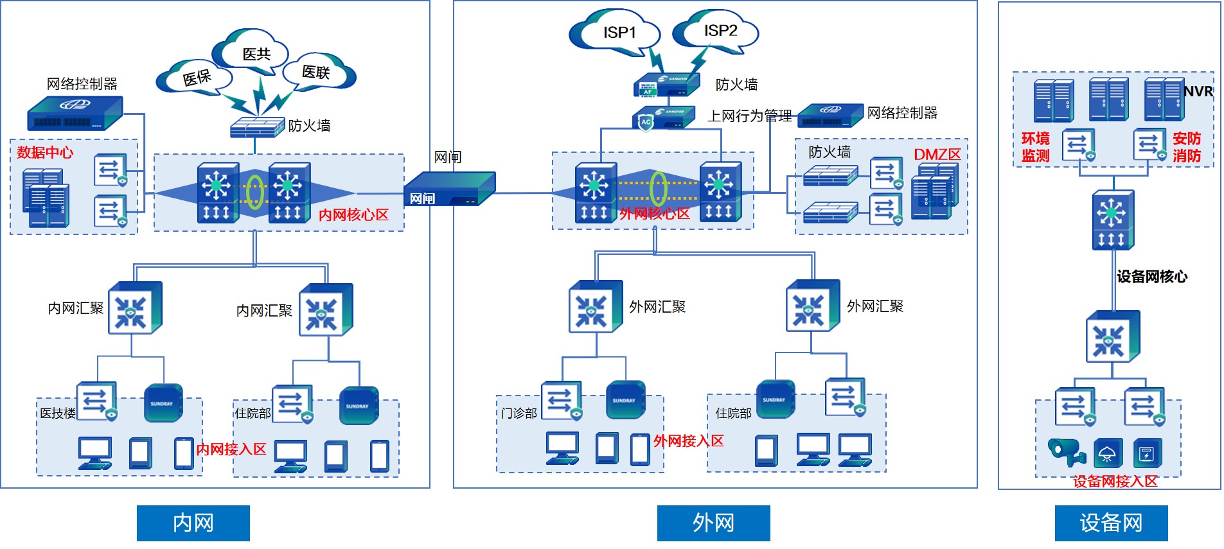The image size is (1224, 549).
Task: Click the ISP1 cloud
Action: tap(617, 33)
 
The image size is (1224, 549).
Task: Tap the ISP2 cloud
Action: tap(718, 31)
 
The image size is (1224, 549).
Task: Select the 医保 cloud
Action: tap(195, 78)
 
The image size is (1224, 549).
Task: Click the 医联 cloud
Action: tap(317, 72)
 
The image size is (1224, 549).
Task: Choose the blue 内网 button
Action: tap(193, 523)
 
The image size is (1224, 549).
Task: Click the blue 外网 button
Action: tap(713, 523)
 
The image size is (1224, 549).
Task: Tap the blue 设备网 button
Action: tap(1111, 523)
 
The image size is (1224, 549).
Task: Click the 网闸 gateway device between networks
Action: tap(450, 189)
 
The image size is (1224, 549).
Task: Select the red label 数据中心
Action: tap(45, 152)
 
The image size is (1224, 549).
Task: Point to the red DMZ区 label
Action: tap(937, 155)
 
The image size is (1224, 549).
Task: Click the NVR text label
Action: tap(1198, 92)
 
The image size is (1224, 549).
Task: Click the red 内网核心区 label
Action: tap(353, 214)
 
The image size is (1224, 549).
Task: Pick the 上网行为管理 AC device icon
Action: tap(663, 118)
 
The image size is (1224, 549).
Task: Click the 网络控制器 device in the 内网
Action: tap(75, 114)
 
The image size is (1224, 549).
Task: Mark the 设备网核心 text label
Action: tap(1151, 277)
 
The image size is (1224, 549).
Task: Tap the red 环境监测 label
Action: tap(1035, 147)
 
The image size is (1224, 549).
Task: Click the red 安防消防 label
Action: tap(1186, 147)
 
